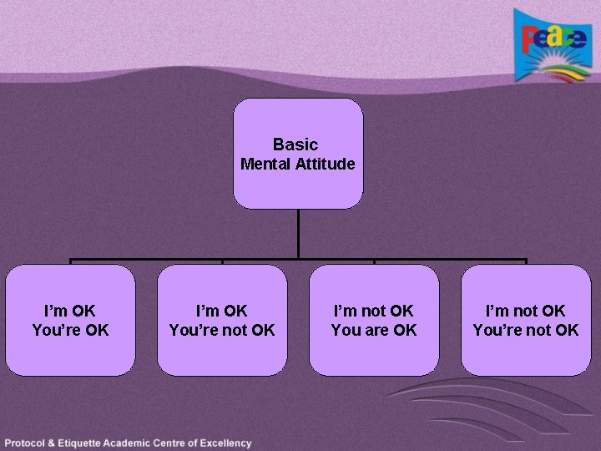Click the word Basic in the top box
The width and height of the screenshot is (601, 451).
pyautogui.click(x=295, y=144)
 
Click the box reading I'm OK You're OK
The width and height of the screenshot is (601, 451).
pyautogui.click(x=70, y=320)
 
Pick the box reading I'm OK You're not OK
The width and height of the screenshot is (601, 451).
pyautogui.click(x=222, y=320)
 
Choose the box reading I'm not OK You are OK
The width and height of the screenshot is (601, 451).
pyautogui.click(x=374, y=320)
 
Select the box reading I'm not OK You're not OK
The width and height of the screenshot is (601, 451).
pyautogui.click(x=526, y=320)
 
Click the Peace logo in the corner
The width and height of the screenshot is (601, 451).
pyautogui.click(x=549, y=48)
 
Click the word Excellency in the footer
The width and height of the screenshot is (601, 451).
pyautogui.click(x=225, y=443)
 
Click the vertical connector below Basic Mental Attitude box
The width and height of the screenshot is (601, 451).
pyautogui.click(x=298, y=233)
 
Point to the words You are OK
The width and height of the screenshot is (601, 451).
pyautogui.click(x=374, y=330)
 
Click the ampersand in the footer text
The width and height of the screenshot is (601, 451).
pyautogui.click(x=57, y=443)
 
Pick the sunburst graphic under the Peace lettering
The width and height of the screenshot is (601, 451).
pyautogui.click(x=551, y=66)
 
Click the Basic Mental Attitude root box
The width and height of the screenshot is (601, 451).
pyautogui.click(x=298, y=154)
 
